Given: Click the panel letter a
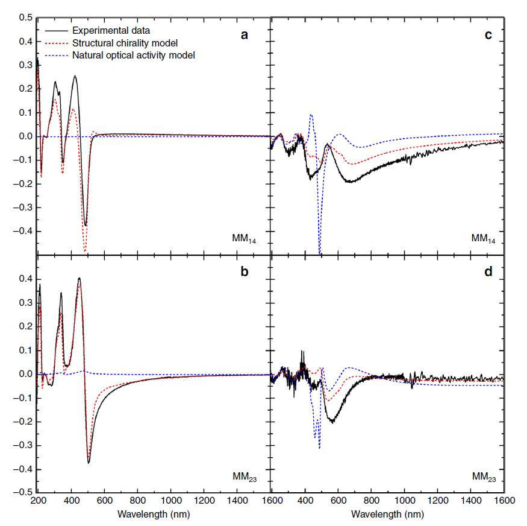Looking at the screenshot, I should pos(244,35).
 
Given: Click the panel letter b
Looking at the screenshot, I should pos(244,272).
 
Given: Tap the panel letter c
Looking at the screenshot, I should pos(488,35).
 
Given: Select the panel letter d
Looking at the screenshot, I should pos(488,272).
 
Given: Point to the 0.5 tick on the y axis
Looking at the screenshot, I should pos(25,18).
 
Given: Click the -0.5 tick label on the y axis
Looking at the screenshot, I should pos(23,492).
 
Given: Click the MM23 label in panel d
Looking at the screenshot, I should pos(485,477).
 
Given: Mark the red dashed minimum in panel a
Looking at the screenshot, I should pos(85,250).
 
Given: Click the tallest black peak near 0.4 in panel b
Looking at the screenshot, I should pos(79,279).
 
